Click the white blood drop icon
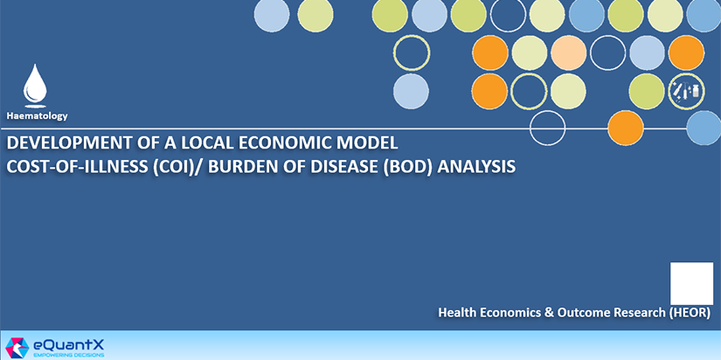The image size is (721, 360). (x=35, y=84)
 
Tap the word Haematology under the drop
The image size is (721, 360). (x=37, y=116)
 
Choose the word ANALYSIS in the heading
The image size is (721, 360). (x=476, y=167)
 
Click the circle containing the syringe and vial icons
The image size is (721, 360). (x=686, y=91)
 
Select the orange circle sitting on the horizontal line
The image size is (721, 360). (x=626, y=128)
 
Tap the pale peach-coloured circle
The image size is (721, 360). (x=569, y=53)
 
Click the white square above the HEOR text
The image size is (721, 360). (x=691, y=283)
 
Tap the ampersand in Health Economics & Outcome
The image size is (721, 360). (x=549, y=313)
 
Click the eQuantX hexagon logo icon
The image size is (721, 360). (x=17, y=348)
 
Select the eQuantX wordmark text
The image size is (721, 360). (x=68, y=344)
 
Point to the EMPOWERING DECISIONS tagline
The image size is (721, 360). (x=69, y=355)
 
